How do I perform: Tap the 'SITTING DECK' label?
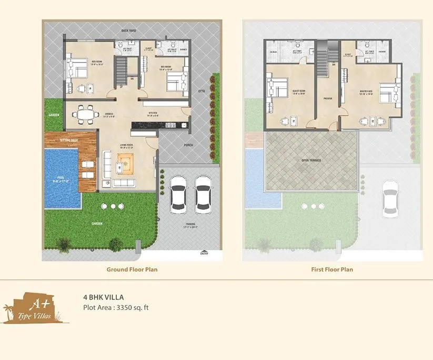pyautogui.click(x=69, y=141)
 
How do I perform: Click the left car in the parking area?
pyautogui.click(x=178, y=193)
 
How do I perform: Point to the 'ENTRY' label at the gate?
pyautogui.click(x=204, y=253)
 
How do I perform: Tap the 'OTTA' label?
pyautogui.click(x=201, y=91)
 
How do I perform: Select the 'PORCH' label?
pyautogui.click(x=188, y=145)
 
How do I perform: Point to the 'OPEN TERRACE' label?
pyautogui.click(x=311, y=160)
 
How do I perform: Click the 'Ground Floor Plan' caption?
pyautogui.click(x=132, y=269)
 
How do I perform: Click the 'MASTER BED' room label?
pyautogui.click(x=366, y=91)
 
